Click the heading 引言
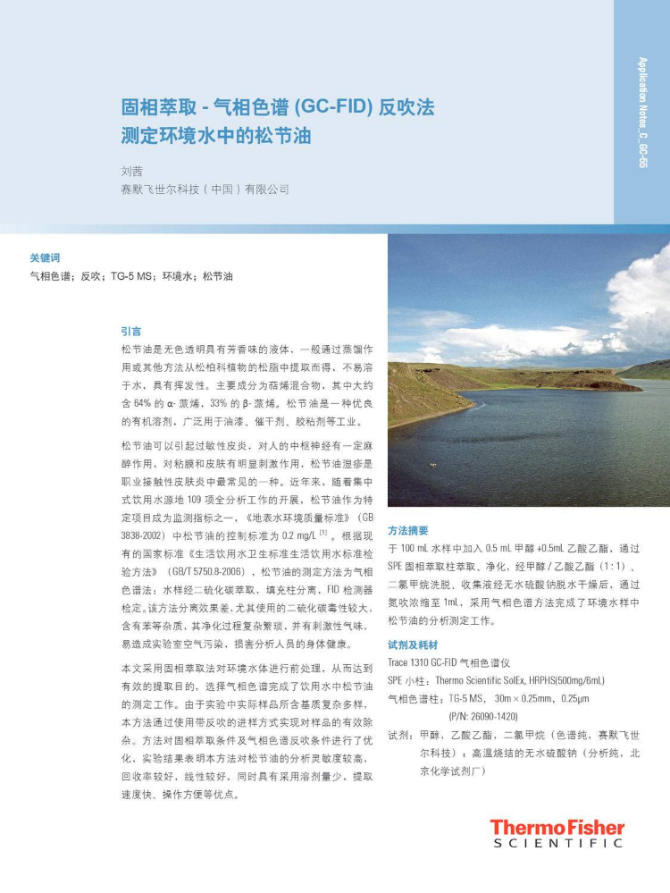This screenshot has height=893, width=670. [130, 331]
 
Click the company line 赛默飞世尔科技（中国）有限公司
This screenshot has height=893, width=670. [205, 190]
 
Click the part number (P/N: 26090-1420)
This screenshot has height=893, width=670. [482, 716]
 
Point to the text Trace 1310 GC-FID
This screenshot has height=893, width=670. [428, 662]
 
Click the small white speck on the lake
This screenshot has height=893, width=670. [434, 465]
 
